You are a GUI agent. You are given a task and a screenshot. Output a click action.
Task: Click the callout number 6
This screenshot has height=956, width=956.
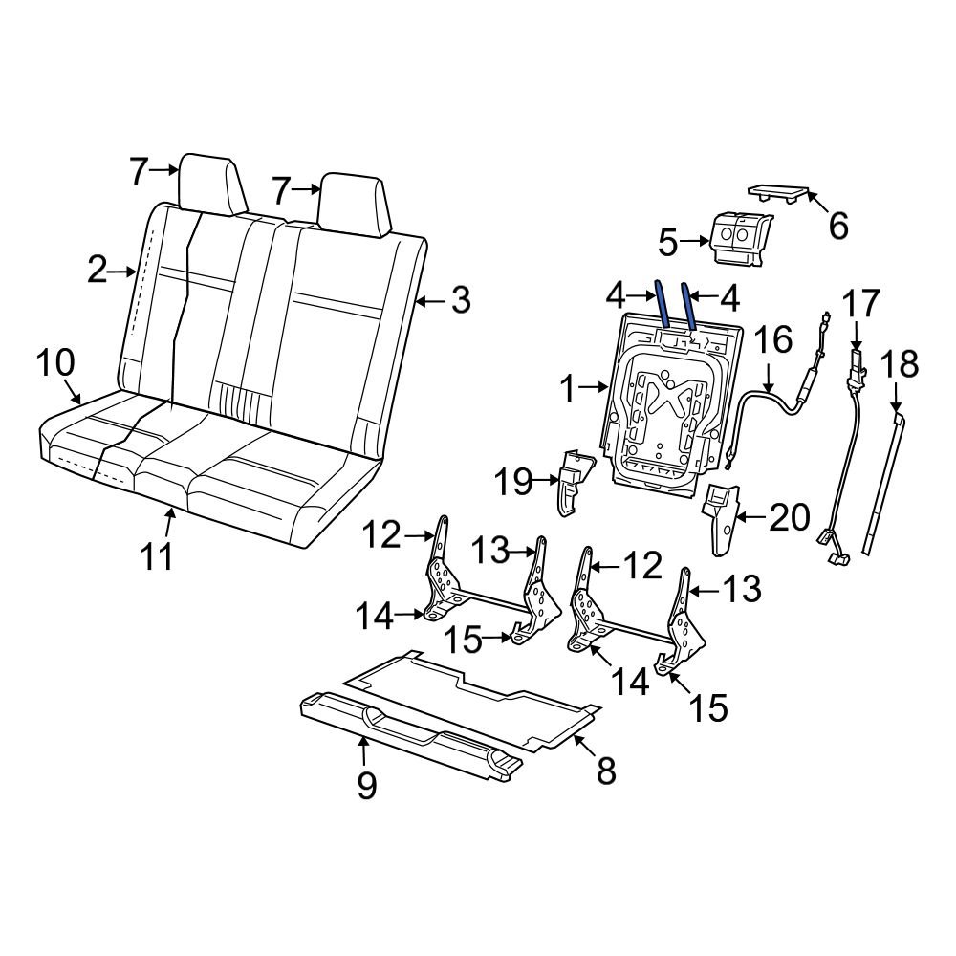pyautogui.click(x=836, y=227)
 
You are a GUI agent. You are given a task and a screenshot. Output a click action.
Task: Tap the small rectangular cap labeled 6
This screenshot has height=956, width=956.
pyautogui.click(x=776, y=192)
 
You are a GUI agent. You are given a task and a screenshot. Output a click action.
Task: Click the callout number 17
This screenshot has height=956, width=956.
pyautogui.click(x=859, y=306)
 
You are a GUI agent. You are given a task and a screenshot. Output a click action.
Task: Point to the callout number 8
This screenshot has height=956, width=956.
pyautogui.click(x=606, y=770)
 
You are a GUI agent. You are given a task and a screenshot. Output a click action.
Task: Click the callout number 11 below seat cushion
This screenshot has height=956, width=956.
pyautogui.click(x=158, y=555)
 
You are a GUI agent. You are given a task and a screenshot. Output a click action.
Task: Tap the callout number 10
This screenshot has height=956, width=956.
pyautogui.click(x=55, y=362)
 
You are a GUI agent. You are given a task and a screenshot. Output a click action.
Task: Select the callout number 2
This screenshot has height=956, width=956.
pyautogui.click(x=97, y=272)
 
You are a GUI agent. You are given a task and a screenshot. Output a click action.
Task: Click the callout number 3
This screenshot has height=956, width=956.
pyautogui.click(x=460, y=301)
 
